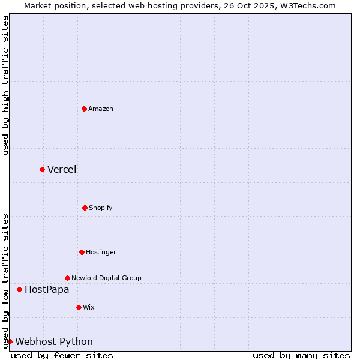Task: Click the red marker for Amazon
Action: [x=84, y=109]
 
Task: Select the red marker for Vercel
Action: [x=42, y=169]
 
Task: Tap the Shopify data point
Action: [x=85, y=208]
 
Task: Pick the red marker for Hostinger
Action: [x=82, y=252]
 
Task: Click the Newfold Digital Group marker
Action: [x=67, y=278]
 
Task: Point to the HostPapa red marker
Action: [x=19, y=289]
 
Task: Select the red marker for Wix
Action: [x=79, y=307]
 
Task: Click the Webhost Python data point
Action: [x=10, y=341]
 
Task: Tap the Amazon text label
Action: [x=101, y=109]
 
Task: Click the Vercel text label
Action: [x=62, y=169]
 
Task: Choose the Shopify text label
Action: [x=101, y=208]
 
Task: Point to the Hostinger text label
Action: [x=101, y=252]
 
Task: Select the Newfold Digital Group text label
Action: [x=106, y=278]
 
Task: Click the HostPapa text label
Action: [x=47, y=289]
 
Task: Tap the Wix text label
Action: [x=89, y=307]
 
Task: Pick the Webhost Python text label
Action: [x=54, y=341]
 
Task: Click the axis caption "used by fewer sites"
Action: [x=62, y=355]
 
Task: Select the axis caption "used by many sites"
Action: [x=301, y=355]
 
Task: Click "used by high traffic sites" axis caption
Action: [x=5, y=85]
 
